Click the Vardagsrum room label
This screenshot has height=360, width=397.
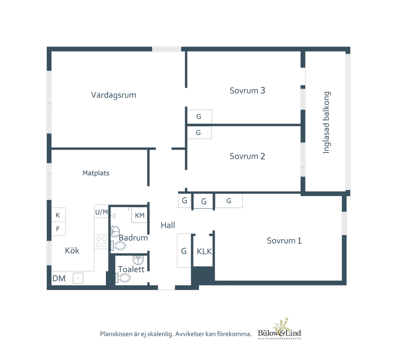tap(114, 95)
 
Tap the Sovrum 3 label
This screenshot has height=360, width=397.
tap(247, 91)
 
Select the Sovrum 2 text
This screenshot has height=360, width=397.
tap(247, 156)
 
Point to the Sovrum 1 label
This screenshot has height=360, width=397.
tap(284, 241)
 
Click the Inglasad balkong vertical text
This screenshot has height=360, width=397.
tap(326, 122)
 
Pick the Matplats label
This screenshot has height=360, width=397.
tap(96, 173)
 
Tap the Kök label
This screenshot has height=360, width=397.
tap(72, 250)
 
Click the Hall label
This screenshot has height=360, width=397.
tap(168, 225)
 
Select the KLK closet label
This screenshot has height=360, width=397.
tap(204, 251)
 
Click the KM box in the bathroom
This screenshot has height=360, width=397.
tap(140, 215)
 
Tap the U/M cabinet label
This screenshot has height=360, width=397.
tap(102, 212)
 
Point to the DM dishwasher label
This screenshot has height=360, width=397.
tap(59, 279)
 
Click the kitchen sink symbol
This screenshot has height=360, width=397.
tap(78, 278)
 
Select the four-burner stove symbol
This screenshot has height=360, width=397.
tap(101, 242)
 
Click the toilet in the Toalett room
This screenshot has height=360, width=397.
tap(123, 278)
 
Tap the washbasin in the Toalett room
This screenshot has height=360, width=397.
tap(138, 260)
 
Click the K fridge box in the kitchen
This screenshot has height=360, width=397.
tap(58, 215)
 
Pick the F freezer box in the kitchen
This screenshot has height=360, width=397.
tap(58, 229)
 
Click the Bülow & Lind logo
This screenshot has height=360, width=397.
tap(280, 329)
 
